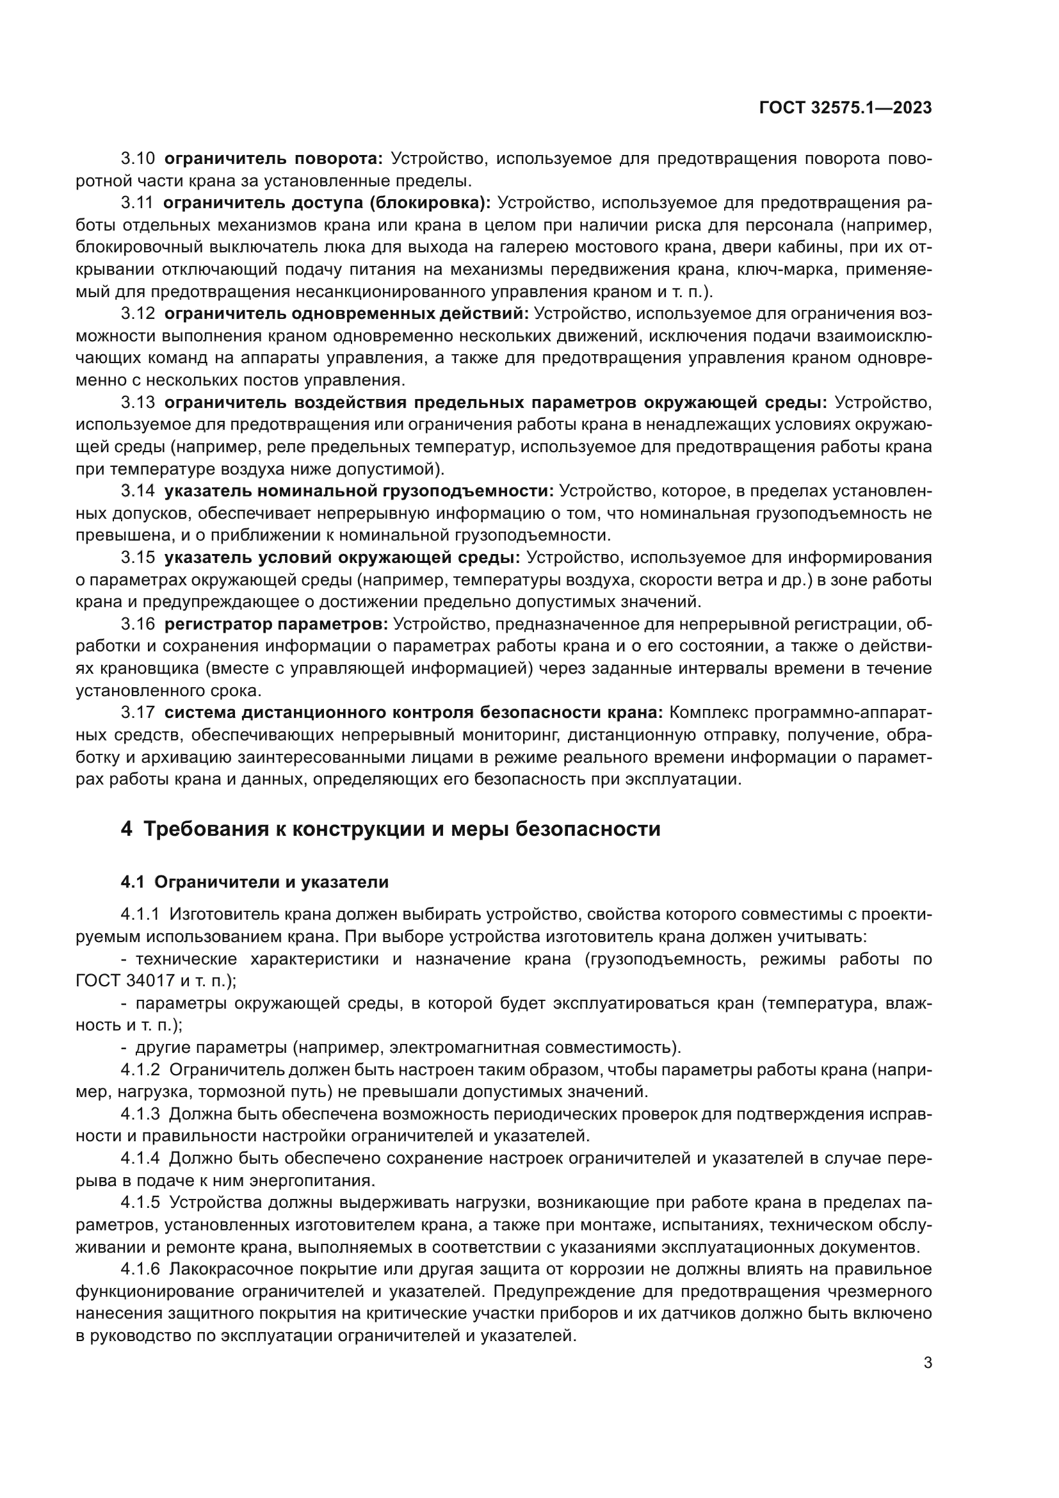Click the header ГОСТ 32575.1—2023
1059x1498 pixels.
[x=845, y=108]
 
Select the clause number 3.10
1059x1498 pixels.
[x=138, y=159]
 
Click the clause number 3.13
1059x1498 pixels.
[x=138, y=402]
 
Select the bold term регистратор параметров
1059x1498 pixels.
[x=276, y=624]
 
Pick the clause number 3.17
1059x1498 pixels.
[x=138, y=713]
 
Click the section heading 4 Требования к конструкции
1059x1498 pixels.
[x=391, y=829]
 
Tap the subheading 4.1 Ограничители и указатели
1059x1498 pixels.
[x=254, y=882]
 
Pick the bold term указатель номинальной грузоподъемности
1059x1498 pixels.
[x=359, y=491]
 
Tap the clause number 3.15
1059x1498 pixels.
[x=138, y=557]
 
